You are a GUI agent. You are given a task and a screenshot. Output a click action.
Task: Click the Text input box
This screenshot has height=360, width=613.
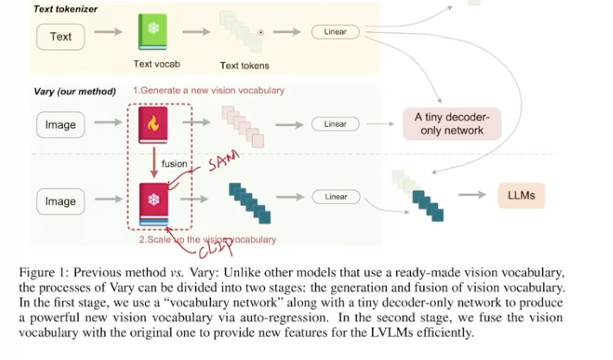click(61, 36)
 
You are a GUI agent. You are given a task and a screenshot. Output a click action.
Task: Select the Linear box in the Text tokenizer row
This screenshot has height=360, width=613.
click(336, 32)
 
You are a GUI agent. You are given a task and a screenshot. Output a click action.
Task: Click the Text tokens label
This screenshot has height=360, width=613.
click(244, 66)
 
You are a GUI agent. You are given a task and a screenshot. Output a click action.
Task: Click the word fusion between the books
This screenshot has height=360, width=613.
click(175, 162)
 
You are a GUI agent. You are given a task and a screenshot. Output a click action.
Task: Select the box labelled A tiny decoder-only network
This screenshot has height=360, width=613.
click(452, 124)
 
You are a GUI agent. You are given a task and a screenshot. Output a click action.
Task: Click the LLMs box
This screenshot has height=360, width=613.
click(521, 196)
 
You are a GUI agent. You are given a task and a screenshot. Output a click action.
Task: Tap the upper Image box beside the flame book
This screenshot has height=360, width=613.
click(60, 125)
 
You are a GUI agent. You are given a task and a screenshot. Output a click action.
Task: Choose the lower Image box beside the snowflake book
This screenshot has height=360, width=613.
click(60, 201)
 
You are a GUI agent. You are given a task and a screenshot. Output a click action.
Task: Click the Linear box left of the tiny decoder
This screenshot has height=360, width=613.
click(336, 124)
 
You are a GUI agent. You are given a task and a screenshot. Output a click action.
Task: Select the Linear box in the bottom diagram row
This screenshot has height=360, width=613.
click(336, 197)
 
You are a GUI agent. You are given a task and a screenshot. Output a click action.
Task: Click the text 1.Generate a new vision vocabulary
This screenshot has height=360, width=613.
click(208, 91)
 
